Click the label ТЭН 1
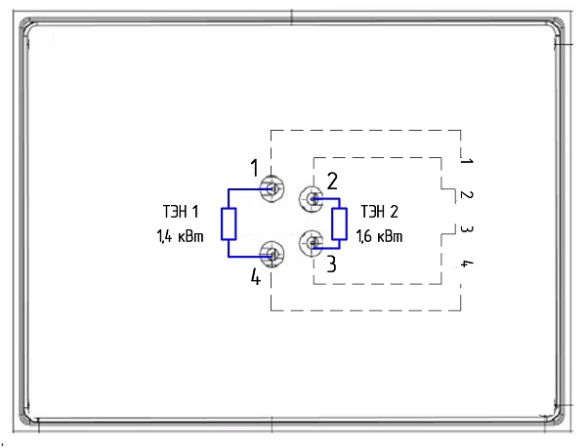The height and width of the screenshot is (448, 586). click(x=181, y=212)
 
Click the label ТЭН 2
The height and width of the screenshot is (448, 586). click(x=379, y=212)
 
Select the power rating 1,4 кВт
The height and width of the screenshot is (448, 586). click(x=180, y=236)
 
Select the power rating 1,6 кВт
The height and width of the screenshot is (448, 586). click(x=379, y=236)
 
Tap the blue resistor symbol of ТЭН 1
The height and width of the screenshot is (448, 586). click(x=229, y=224)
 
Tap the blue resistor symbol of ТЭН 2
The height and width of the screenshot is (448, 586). click(x=339, y=224)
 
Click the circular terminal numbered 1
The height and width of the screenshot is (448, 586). click(x=272, y=188)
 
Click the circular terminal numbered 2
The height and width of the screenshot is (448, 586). click(x=311, y=199)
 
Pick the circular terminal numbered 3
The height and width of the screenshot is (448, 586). click(x=311, y=243)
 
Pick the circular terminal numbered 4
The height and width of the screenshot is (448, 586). click(x=272, y=254)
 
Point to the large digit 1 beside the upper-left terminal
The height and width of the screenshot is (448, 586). click(x=254, y=168)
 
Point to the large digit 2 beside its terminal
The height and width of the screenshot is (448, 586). click(x=332, y=182)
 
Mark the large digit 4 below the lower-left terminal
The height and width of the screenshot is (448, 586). click(x=256, y=277)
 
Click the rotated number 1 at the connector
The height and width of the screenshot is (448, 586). click(x=467, y=161)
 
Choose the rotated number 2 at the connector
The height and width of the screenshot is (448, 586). click(x=467, y=194)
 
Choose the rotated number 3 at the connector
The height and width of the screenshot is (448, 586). click(x=467, y=228)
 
